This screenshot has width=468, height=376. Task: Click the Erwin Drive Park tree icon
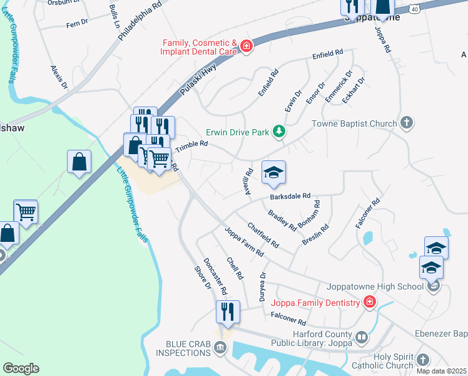point(278,132)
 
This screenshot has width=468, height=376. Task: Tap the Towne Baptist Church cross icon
point(407,123)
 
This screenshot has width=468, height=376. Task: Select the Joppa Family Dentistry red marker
point(370,303)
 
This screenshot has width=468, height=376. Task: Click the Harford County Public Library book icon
point(361,338)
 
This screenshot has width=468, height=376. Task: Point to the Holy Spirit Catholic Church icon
point(423,360)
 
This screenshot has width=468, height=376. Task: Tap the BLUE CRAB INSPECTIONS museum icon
point(220,347)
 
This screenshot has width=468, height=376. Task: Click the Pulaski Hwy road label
point(198,78)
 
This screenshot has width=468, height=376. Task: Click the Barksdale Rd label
point(290,196)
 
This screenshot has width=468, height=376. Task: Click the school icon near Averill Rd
point(273,173)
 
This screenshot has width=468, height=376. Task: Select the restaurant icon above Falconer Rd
point(228,312)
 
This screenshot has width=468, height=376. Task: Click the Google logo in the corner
point(20,368)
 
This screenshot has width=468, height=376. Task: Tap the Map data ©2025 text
point(440,371)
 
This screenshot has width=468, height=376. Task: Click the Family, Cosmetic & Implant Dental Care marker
point(247,46)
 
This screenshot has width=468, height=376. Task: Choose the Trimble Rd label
point(191,146)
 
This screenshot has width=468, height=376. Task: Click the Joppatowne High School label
point(375,287)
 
